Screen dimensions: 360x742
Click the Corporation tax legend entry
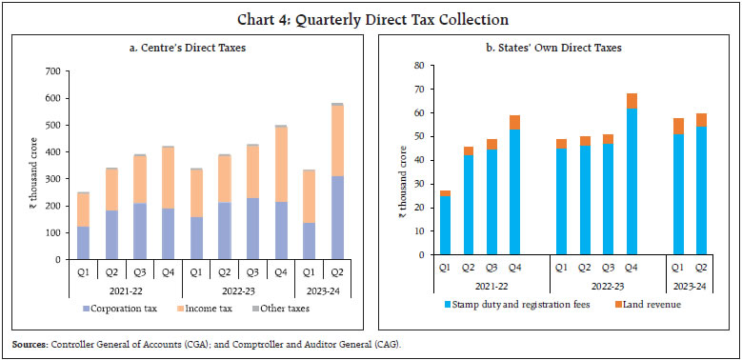(139, 309)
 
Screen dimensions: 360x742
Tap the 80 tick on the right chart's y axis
(414, 66)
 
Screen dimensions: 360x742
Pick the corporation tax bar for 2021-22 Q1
(110, 243)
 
